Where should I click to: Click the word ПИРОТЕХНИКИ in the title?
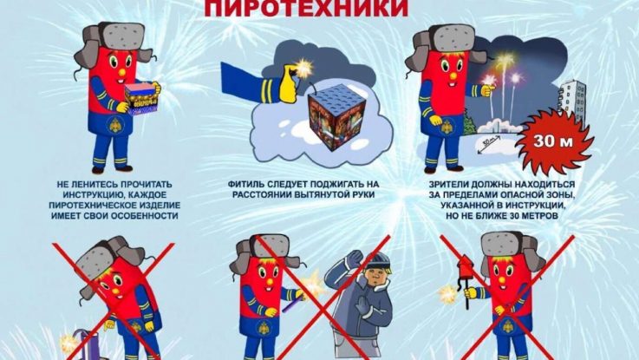[x=306, y=7]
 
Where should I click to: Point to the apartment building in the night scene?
[x=572, y=103]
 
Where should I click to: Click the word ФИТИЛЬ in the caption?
[x=243, y=184]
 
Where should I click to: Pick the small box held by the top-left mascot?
[x=141, y=98]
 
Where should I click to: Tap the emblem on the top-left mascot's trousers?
[x=115, y=124]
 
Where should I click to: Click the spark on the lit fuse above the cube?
[x=303, y=65]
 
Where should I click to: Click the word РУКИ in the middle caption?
[x=363, y=195]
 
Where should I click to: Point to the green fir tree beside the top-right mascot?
[x=469, y=123]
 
